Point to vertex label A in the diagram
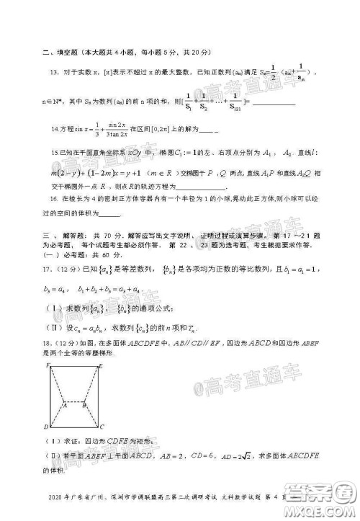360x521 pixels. pyautogui.click(x=63, y=404)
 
